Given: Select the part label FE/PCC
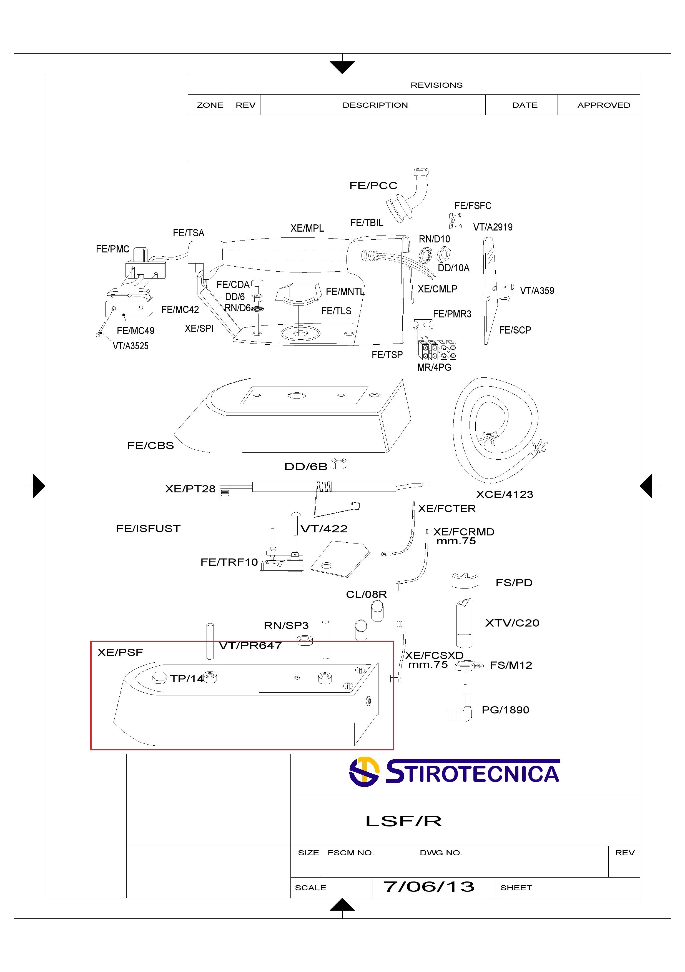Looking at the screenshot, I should click(373, 186).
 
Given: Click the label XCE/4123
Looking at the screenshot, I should click(504, 494).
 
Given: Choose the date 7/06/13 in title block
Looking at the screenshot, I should click(428, 886).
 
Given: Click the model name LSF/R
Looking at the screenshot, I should click(403, 821).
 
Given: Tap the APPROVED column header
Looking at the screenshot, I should click(603, 105).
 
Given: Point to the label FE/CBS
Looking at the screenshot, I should click(150, 445).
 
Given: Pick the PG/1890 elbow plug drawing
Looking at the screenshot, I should click(461, 706).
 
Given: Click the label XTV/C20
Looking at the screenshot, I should click(512, 623).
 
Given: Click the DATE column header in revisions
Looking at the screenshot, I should click(525, 105).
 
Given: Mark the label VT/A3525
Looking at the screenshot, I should click(131, 346).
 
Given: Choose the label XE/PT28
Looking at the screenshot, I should click(190, 489).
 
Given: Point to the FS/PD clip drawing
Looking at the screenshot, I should click(465, 580).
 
